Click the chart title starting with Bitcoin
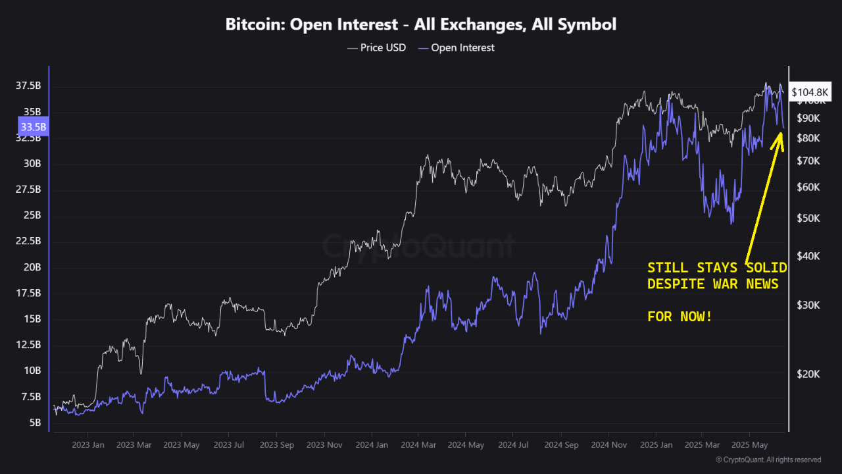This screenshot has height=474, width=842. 421,25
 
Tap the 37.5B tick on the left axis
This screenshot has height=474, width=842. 28,86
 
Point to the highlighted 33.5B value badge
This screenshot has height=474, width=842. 34,126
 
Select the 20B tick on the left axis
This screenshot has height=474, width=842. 32,267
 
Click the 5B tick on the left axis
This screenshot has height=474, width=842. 35,423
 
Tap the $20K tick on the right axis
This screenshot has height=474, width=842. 808,374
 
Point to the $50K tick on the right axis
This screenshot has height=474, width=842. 808,218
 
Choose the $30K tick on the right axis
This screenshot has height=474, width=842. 808,305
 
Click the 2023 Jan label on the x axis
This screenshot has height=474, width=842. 87,445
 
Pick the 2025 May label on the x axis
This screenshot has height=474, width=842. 750,445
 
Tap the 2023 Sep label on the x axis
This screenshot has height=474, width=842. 277,445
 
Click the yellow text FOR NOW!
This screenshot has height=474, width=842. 680,317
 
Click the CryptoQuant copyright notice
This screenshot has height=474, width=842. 768,460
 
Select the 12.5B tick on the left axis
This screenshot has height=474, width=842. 28,345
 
